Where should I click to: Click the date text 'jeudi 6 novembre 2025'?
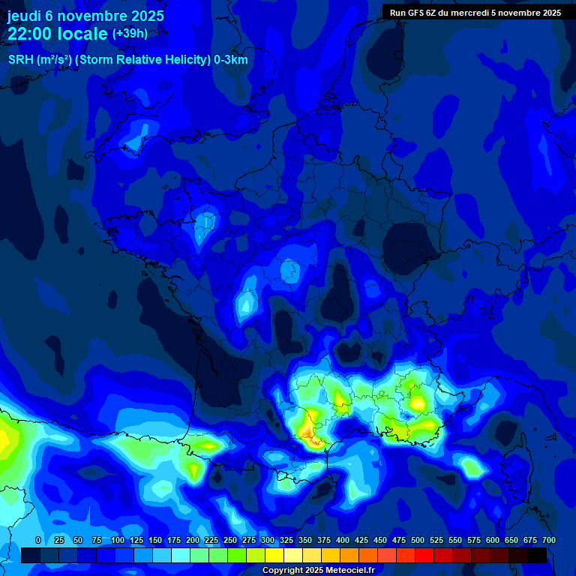(x=85, y=16)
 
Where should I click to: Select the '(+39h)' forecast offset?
(x=130, y=34)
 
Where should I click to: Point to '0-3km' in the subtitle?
(x=230, y=60)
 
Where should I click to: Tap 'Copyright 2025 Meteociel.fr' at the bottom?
(x=318, y=570)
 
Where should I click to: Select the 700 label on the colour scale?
(x=548, y=540)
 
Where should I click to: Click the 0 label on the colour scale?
(x=38, y=540)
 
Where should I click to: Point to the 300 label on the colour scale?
(x=267, y=540)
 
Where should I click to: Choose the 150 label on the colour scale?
(x=154, y=540)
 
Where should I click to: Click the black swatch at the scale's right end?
(x=537, y=555)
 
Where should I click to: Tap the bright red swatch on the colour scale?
(x=424, y=555)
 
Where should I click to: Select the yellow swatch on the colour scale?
(x=274, y=555)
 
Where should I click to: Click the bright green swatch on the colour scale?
(x=237, y=555)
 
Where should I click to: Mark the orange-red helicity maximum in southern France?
(x=307, y=430)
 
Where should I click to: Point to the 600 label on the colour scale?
(x=492, y=540)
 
